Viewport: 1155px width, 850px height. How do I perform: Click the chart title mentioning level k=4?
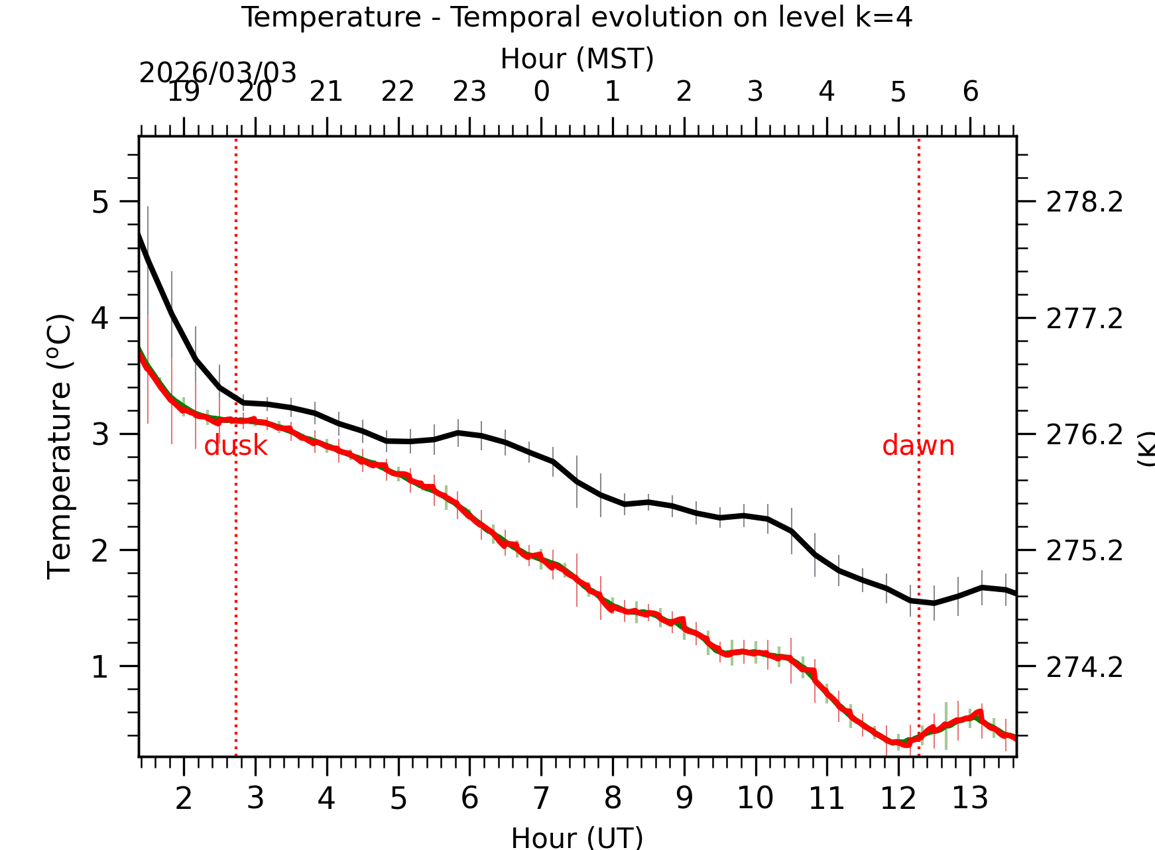576,17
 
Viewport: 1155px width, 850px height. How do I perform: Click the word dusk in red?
235,446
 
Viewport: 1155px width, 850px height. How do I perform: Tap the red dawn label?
918,446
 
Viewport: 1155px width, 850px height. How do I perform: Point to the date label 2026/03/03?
217,73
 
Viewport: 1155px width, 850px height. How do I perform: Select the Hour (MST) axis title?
577,59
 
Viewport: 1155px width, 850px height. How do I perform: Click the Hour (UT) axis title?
577,837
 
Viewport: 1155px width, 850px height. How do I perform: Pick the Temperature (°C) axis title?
60,446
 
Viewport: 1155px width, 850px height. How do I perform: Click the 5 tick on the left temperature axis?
99,202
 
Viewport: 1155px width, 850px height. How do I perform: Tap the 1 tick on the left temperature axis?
99,667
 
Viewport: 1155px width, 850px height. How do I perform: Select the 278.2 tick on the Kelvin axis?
1084,202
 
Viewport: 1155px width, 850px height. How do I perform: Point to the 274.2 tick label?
1084,667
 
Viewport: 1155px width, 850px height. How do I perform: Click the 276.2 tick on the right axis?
1084,435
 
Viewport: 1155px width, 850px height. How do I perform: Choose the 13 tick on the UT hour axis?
970,798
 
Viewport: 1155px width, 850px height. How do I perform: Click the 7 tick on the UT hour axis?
541,798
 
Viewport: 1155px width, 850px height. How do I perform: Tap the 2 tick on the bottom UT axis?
184,798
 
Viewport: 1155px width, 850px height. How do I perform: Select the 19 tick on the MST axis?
184,92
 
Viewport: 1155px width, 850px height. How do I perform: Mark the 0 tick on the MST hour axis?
541,92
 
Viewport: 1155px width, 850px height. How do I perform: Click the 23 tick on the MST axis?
469,92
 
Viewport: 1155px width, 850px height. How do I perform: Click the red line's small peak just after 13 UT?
979,712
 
